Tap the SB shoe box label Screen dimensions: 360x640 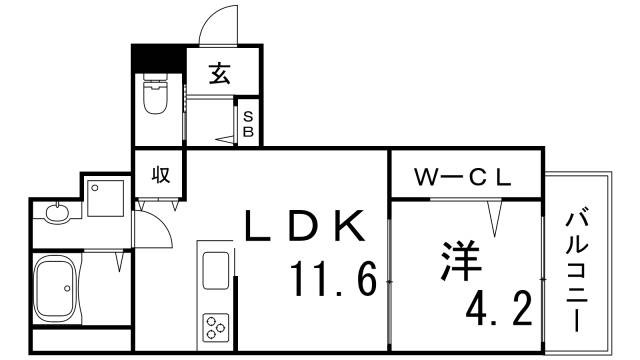point(249,122)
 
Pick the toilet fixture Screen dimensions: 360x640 point(156,98)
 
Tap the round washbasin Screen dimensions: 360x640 point(58,213)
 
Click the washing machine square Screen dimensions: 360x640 point(104,196)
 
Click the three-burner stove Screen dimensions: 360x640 point(216,326)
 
